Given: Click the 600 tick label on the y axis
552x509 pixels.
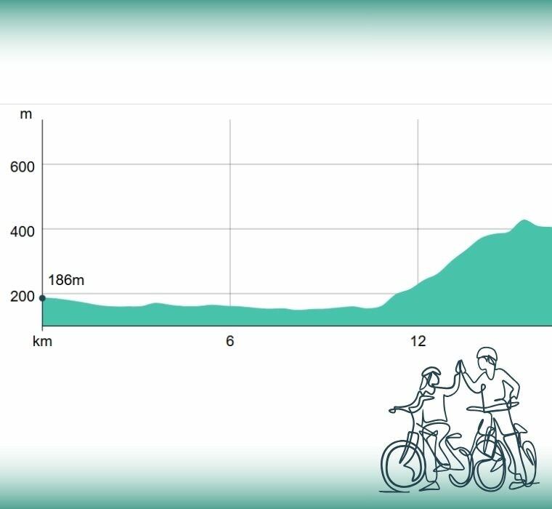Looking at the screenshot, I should (22, 167).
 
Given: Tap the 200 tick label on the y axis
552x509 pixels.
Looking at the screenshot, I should (22, 297).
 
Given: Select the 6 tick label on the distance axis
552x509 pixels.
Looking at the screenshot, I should (230, 341).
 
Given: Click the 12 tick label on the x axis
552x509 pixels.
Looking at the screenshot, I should (418, 341).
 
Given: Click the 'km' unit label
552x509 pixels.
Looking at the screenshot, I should (42, 341).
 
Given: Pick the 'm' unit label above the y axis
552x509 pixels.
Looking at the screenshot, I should (26, 115).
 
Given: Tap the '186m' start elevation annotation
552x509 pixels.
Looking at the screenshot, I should (67, 280).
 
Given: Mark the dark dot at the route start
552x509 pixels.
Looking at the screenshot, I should (42, 297).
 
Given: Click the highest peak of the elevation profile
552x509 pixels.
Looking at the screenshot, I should (523, 220).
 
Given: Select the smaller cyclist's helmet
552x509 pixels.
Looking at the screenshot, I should (431, 375).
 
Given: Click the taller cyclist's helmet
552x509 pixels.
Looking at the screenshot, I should (487, 356).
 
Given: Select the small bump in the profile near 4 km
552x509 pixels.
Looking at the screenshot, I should (155, 304).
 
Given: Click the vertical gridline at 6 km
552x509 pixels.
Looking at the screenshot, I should (230, 218).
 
